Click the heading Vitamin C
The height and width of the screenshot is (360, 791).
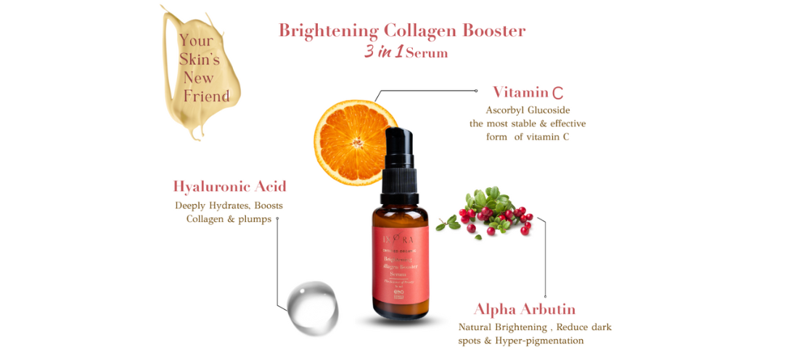528,92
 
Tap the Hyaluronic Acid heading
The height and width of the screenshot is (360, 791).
229,187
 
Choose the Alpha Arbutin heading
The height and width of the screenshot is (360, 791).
525,308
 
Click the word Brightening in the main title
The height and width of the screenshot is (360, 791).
329,30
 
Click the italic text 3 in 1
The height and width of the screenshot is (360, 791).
384,52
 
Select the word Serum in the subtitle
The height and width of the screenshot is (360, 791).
427,53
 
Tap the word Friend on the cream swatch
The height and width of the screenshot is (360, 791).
206,96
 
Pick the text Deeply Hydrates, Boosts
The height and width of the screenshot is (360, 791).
229,205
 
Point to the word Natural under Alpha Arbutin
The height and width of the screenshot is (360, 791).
480,327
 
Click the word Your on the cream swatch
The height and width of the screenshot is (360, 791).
196,41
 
